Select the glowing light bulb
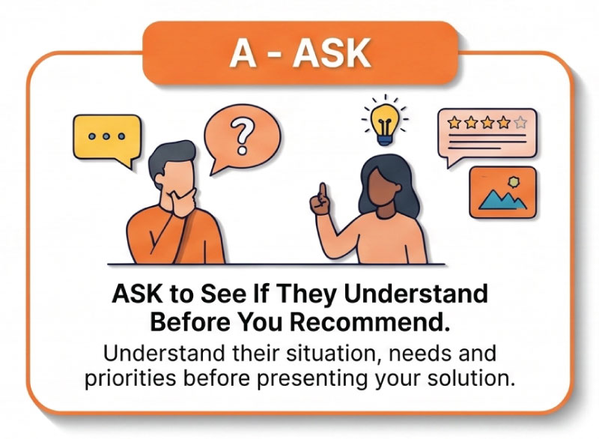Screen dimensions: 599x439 [385, 122]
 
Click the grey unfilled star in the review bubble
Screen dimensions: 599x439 [520, 123]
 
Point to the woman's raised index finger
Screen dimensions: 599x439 [323, 191]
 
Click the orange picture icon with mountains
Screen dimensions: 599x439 [502, 193]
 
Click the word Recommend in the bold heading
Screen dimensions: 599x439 [368, 322]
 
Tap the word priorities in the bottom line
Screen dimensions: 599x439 [130, 378]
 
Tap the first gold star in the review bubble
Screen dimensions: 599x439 [454, 123]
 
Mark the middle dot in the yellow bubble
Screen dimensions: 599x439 [106, 136]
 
